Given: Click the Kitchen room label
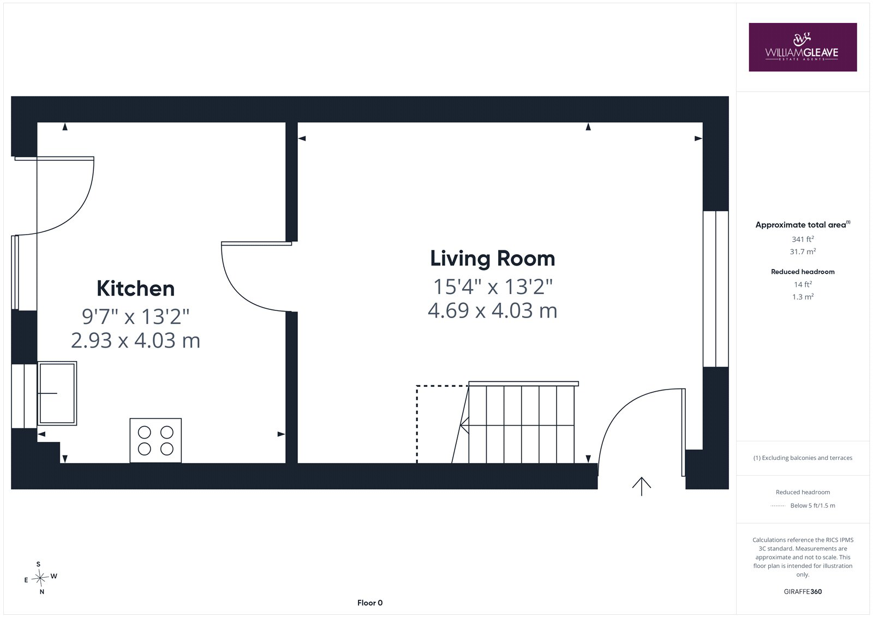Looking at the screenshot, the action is tap(135, 289).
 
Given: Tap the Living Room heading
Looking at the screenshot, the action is tap(493, 259).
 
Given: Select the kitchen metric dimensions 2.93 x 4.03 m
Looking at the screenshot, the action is tap(135, 340).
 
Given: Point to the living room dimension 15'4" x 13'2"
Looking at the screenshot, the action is tap(493, 286).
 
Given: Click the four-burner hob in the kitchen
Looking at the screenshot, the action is tap(156, 440).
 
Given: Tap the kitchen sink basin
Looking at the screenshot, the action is tap(57, 393).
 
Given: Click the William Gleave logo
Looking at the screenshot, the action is tap(803, 47).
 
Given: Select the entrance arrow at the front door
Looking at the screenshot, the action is tap(642, 486).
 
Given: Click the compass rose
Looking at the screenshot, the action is tap(40, 578).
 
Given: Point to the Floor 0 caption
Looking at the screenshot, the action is tap(370, 603).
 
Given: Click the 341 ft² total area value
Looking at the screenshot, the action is tap(803, 239).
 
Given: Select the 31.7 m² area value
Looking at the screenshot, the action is tap(803, 251).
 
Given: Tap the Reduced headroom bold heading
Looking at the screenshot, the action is tap(803, 272).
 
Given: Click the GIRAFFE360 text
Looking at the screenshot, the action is tap(803, 591).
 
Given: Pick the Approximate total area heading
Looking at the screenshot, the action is tap(803, 225).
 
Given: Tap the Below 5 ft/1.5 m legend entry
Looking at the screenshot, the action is tap(812, 506).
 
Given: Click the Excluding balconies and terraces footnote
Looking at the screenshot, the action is tap(803, 458).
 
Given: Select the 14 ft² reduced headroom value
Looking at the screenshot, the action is tap(803, 284).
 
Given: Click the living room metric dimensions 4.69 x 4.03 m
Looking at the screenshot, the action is tap(493, 310).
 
